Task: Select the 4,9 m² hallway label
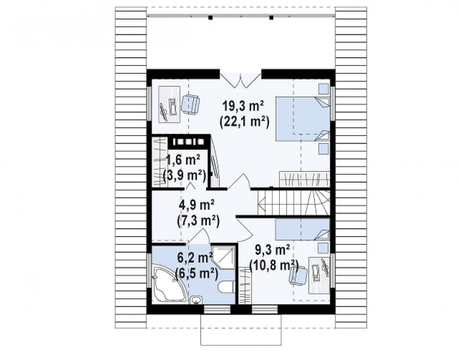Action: pyautogui.click(x=197, y=205)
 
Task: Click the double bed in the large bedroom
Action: pyautogui.click(x=303, y=118)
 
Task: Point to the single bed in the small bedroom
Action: pyautogui.click(x=302, y=229)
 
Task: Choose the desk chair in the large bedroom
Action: pyautogui.click(x=190, y=105)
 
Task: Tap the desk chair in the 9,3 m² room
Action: pyautogui.click(x=298, y=276)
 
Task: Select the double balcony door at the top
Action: pyautogui.click(x=240, y=81)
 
